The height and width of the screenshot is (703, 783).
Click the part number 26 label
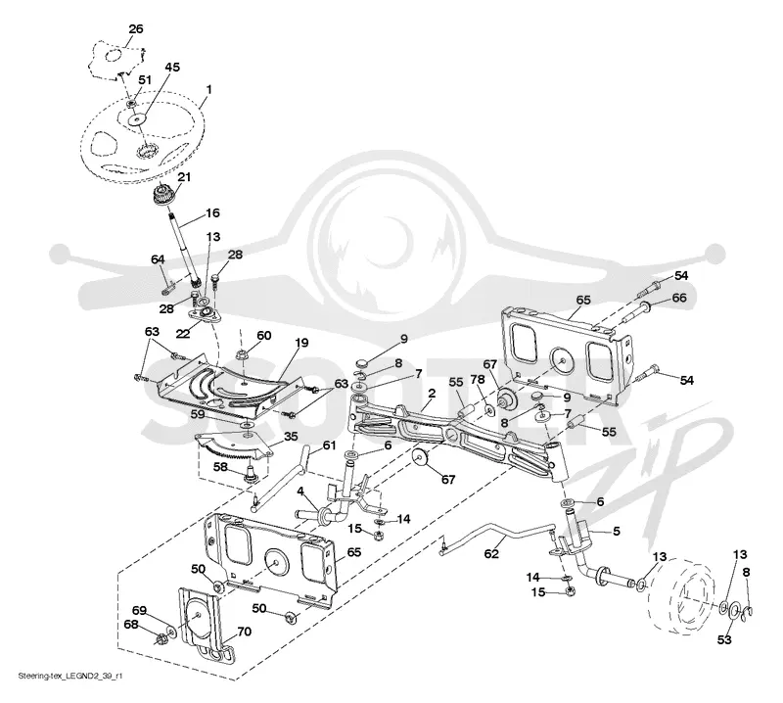pyautogui.click(x=136, y=29)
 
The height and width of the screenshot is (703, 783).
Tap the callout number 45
pyautogui.click(x=172, y=67)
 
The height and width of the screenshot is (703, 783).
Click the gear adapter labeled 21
pyautogui.click(x=164, y=195)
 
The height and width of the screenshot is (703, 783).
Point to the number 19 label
pyautogui.click(x=301, y=343)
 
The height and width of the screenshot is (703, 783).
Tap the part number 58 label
pyautogui.click(x=220, y=467)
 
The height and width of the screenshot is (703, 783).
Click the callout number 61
pyautogui.click(x=330, y=445)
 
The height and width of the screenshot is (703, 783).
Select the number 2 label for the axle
pyautogui.click(x=432, y=394)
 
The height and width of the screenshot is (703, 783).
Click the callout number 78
pyautogui.click(x=478, y=380)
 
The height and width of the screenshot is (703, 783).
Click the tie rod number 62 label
pyautogui.click(x=491, y=553)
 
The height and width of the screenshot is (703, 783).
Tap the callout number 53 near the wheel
pyautogui.click(x=724, y=639)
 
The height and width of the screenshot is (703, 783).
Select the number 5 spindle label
pyautogui.click(x=617, y=531)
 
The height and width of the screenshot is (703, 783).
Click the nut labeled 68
pyautogui.click(x=161, y=638)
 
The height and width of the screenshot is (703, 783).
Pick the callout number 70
pyautogui.click(x=244, y=633)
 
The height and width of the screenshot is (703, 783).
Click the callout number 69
pyautogui.click(x=139, y=611)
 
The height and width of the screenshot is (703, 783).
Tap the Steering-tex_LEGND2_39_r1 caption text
pyautogui.click(x=70, y=676)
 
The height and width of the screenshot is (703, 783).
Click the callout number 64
pyautogui.click(x=158, y=259)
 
